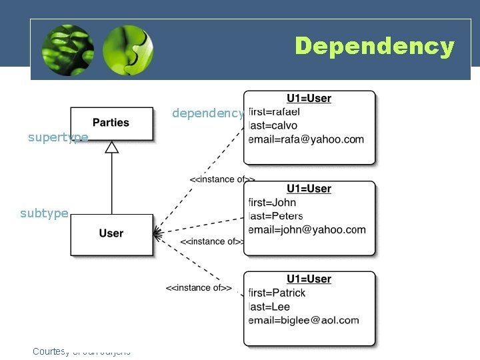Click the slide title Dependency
coord(374,47)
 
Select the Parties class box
coord(111,123)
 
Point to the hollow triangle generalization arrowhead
coord(111,147)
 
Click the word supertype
coord(58,137)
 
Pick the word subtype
coord(44,213)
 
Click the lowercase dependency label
coord(208,113)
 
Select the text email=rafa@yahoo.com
coord(306,139)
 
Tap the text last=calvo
coord(273,125)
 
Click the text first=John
coord(272,202)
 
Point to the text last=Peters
coord(275,216)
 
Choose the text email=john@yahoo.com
coord(307,230)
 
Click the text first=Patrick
coord(277,293)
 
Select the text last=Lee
coord(269,307)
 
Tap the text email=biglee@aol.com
coord(303,320)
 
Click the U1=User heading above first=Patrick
coord(309,279)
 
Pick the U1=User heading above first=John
coord(309,189)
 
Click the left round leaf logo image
coord(67,50)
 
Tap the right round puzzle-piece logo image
coord(128,50)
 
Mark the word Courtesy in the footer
coord(49,351)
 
